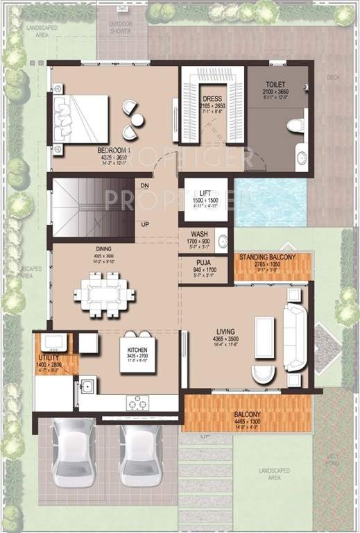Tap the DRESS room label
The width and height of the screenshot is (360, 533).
212,99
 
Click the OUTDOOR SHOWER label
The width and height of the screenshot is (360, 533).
121,26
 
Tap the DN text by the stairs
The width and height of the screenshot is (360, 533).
144,186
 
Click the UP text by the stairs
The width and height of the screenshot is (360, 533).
144,224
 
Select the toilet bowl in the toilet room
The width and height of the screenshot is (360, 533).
294,126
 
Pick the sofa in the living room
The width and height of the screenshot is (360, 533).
294,337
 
